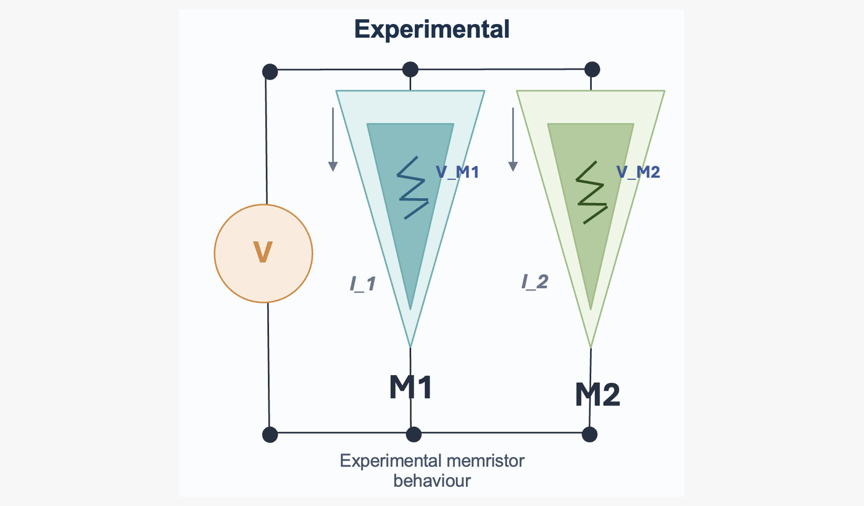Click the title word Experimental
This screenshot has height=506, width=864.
432,29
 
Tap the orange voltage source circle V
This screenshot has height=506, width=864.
264,253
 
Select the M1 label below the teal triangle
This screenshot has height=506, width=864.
410,387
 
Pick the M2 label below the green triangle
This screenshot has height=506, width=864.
597,395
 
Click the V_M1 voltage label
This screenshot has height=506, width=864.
457,172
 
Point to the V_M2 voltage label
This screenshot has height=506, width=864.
638,172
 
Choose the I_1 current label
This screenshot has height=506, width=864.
362,283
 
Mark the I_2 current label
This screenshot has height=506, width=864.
534,282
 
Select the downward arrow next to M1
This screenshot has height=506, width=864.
333,139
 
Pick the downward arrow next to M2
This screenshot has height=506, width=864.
513,139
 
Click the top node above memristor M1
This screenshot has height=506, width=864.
410,69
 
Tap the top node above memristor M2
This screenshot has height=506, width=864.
591,68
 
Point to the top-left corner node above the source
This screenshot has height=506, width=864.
270,72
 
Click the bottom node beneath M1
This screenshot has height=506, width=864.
413,434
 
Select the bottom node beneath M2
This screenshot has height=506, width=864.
590,434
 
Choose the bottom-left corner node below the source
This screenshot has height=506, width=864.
270,434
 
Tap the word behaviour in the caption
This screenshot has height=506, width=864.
431,481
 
